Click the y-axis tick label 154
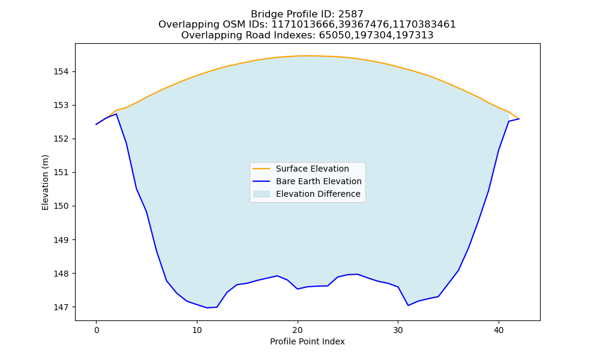[x=61, y=71]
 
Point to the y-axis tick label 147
[x=61, y=307]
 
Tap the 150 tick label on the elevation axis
[x=61, y=206]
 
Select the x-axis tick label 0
[x=97, y=331]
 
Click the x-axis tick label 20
[x=298, y=331]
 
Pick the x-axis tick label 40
[x=499, y=331]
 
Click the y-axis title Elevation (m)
[x=45, y=182]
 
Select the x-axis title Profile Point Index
[x=307, y=341]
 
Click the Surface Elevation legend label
[x=312, y=169]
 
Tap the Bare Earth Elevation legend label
[x=319, y=181]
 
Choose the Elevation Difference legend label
[x=318, y=194]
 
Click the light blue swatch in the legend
[x=262, y=194]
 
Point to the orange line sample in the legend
[x=262, y=169]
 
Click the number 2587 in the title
[x=351, y=14]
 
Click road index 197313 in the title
[x=415, y=35]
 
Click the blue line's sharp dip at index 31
[x=408, y=305]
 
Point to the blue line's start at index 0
[x=97, y=124]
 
